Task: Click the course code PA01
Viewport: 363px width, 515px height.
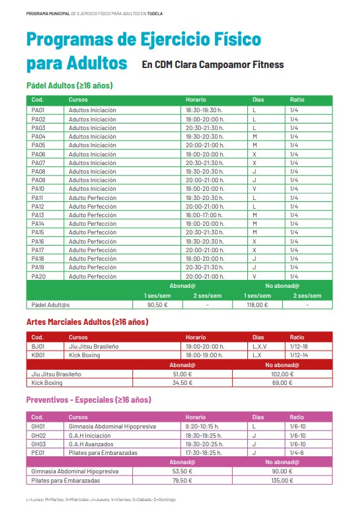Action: tap(38, 110)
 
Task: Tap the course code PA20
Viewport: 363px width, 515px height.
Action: tap(38, 276)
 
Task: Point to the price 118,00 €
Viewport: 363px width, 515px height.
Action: tap(257, 305)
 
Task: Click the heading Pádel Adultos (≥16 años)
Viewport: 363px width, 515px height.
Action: tap(69, 86)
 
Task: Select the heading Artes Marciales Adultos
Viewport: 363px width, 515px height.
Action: tap(87, 322)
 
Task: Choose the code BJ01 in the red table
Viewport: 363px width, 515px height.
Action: tap(38, 346)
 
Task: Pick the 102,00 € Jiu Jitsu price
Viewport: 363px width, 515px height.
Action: tap(282, 374)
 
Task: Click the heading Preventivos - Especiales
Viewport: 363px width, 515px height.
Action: tap(88, 400)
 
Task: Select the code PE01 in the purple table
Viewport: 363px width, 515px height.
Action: tap(38, 452)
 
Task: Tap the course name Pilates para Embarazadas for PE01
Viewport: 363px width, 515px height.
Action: tap(102, 452)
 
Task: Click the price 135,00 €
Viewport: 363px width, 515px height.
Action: tap(282, 480)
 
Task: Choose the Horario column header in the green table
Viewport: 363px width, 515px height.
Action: tap(196, 100)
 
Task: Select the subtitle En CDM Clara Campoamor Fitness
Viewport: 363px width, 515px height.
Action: tap(212, 65)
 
